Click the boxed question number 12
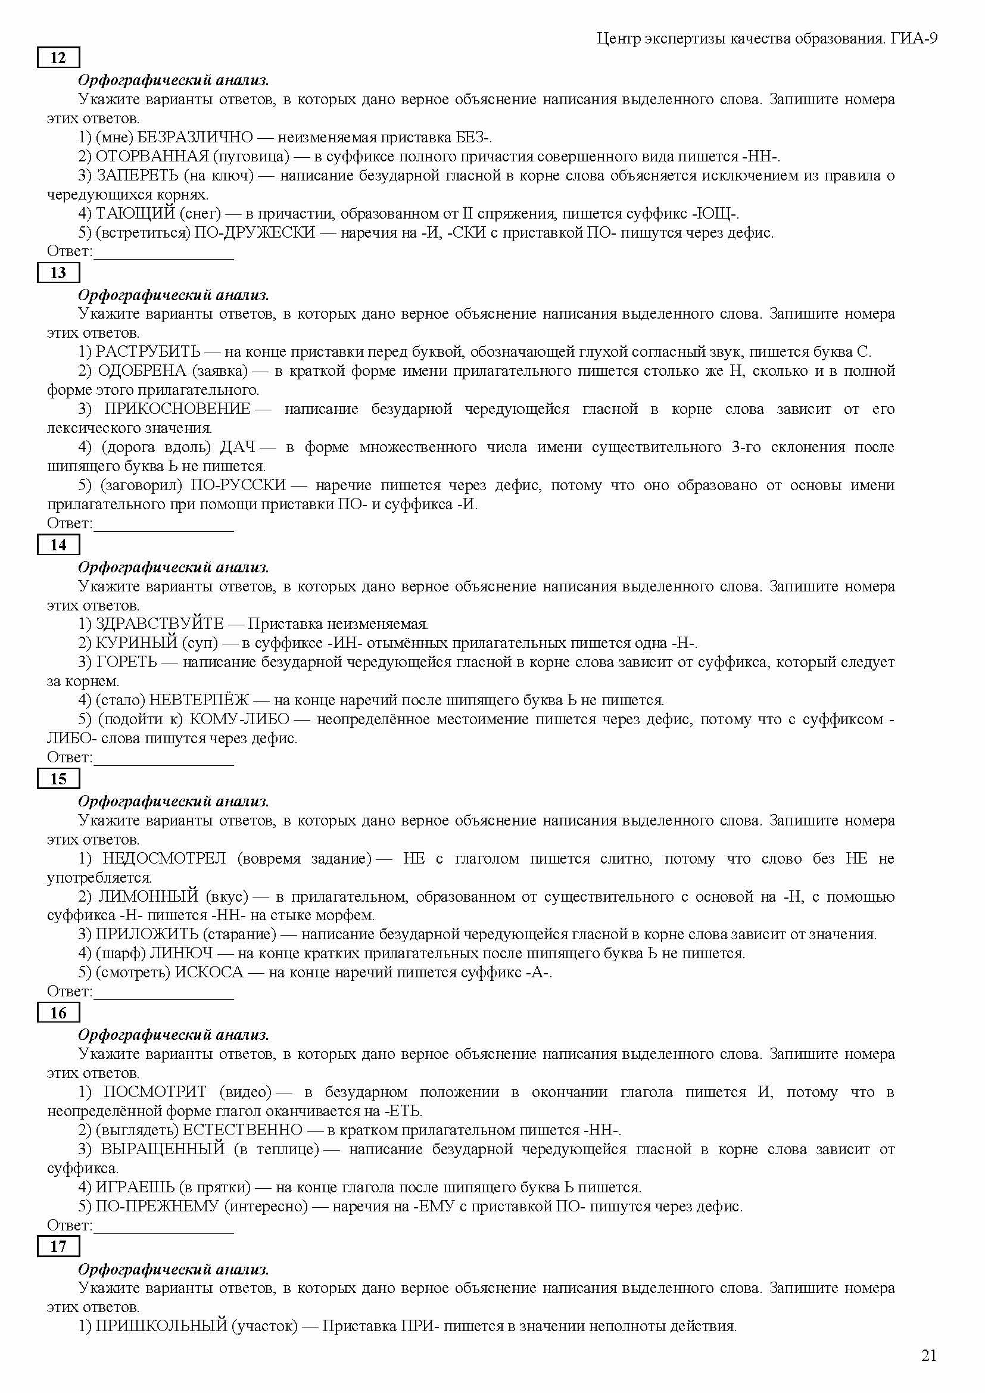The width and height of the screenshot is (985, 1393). tap(58, 58)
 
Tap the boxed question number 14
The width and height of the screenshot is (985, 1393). tap(58, 545)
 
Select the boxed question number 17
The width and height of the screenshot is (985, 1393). tap(58, 1246)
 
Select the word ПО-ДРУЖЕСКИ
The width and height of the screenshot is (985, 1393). tap(254, 232)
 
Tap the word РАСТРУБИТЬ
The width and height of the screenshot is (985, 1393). tap(148, 352)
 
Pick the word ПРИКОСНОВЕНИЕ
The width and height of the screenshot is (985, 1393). tap(177, 409)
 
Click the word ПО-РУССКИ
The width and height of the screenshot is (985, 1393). tap(238, 485)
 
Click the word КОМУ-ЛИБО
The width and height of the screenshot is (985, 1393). tap(239, 719)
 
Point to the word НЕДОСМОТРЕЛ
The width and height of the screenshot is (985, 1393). tap(164, 859)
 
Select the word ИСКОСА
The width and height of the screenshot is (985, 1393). tap(208, 972)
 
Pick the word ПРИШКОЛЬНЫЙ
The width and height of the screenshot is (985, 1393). tap(161, 1326)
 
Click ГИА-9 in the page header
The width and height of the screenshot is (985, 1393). tap(914, 39)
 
